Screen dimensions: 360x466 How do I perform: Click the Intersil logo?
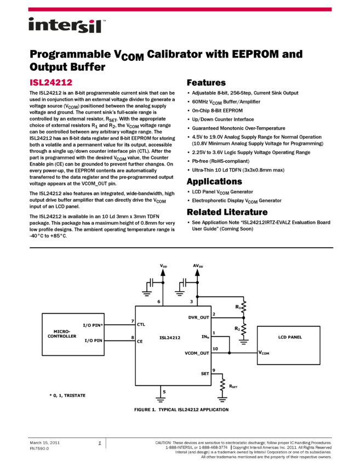pos(67,26)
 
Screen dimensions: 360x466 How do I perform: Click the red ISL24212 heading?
pos(51,83)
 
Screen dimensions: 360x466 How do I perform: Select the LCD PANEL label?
pos(290,337)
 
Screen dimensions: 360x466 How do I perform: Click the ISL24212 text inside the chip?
pos(170,338)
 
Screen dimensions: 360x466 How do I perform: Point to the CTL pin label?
pos(141,325)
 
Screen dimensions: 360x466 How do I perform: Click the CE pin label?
pos(140,341)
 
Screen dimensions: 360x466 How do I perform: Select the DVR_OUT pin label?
pos(198,317)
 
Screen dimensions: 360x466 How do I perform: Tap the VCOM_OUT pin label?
pos(197,353)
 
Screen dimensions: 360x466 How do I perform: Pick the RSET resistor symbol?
pos(222,386)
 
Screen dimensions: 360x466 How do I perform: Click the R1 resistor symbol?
pos(244,306)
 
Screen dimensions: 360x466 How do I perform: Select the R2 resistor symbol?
pos(244,329)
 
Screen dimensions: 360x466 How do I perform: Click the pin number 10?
pos(215,349)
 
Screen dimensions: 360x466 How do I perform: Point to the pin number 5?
pos(164,392)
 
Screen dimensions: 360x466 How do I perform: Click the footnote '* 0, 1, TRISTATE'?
pos(67,395)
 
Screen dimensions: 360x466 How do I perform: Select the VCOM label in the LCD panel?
pos(264,353)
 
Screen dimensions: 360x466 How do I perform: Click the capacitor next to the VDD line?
pos(150,282)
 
